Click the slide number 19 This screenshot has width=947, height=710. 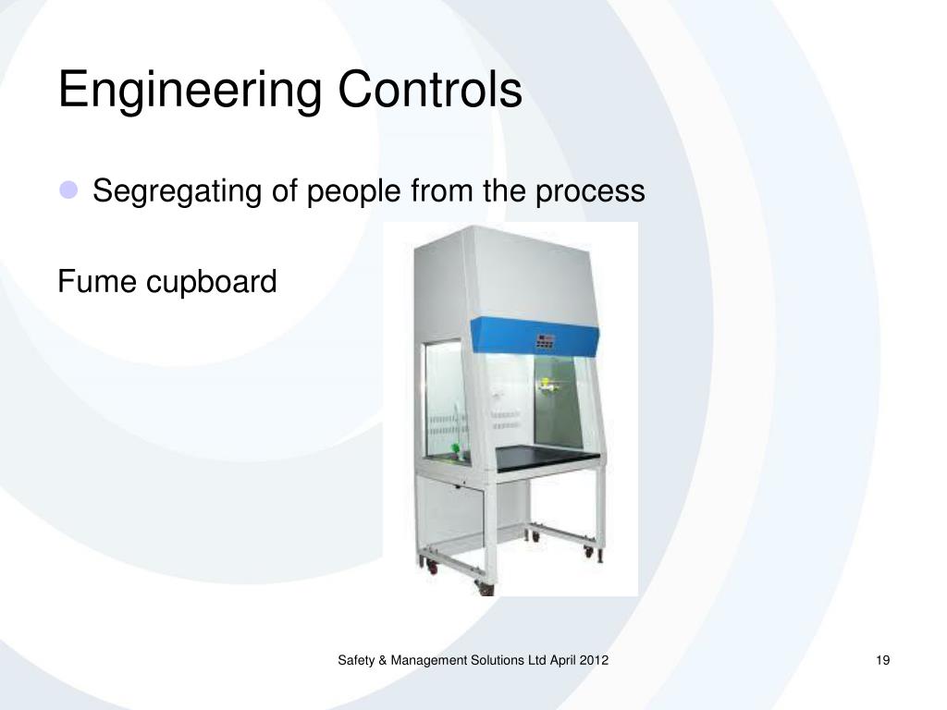(881, 660)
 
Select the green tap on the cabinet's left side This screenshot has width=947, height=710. (454, 452)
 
